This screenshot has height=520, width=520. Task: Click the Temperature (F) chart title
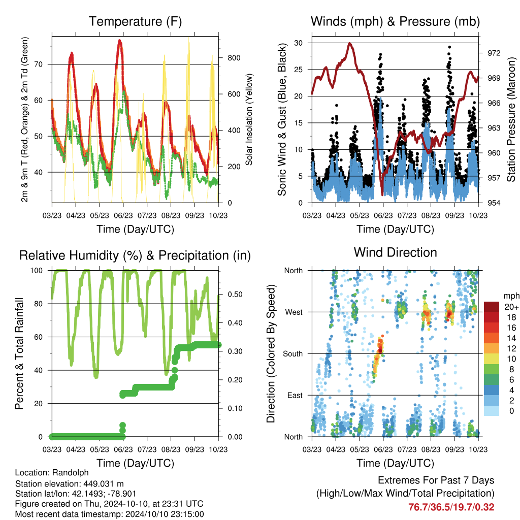(x=135, y=21)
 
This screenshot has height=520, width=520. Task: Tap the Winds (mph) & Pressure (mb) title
(x=395, y=21)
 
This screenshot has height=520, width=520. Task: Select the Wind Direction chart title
(x=395, y=252)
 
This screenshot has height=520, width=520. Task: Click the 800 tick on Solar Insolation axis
(x=234, y=58)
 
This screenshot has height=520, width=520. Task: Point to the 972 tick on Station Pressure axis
(x=494, y=53)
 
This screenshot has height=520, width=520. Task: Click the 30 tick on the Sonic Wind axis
(x=298, y=43)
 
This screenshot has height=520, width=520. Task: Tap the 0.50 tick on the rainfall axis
(x=235, y=295)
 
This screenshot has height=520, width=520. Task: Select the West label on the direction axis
(x=294, y=312)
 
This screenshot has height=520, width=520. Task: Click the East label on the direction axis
(x=295, y=395)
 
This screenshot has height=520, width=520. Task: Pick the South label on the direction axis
(x=293, y=354)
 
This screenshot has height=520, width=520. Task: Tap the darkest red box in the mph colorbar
(x=492, y=307)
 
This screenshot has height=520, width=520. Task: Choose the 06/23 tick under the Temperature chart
(x=123, y=215)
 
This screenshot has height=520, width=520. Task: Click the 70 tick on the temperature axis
(x=39, y=64)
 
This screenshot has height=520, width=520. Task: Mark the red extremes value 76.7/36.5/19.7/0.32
(x=451, y=507)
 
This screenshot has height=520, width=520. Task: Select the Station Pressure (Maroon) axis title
(x=511, y=119)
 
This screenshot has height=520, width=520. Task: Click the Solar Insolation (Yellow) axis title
(x=249, y=119)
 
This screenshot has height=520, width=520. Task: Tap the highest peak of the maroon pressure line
(x=349, y=43)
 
